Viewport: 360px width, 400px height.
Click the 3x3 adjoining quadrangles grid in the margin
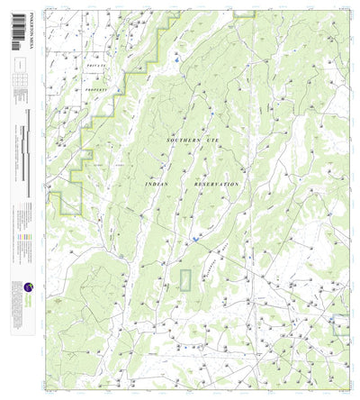click(20, 80)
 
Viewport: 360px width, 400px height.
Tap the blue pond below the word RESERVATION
click(195, 240)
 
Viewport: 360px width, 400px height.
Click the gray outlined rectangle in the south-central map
click(186, 279)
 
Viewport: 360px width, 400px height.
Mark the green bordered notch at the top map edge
click(243, 15)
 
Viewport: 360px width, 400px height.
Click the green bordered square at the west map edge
click(68, 203)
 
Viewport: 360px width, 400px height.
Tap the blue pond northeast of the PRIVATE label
click(178, 61)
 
